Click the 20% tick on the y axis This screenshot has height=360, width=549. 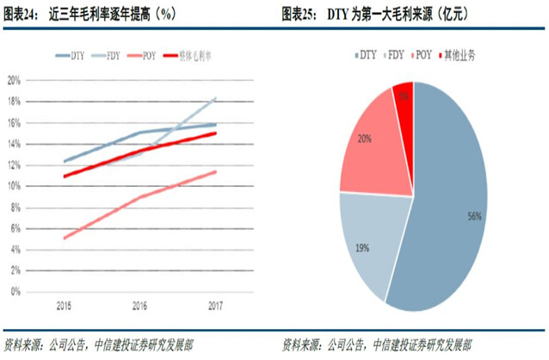click(x=13, y=80)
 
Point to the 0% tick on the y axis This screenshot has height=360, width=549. click(x=15, y=292)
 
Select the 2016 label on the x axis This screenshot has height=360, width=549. click(x=139, y=305)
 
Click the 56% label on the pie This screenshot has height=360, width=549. click(x=473, y=218)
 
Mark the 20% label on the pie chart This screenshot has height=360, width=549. click(x=366, y=137)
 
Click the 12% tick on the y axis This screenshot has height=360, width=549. click(x=13, y=164)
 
